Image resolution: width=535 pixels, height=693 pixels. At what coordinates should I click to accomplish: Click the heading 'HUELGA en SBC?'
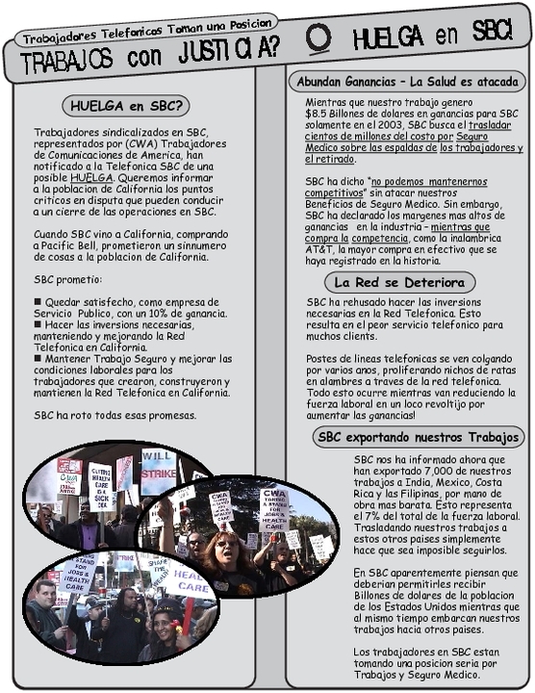pos(124,105)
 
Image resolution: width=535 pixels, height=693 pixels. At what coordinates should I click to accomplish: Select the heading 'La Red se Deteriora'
pos(399,282)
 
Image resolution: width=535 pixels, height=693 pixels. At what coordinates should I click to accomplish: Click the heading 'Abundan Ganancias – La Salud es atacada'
pos(407,80)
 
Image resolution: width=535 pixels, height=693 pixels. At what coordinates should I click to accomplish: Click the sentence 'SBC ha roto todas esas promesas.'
pos(115,415)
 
